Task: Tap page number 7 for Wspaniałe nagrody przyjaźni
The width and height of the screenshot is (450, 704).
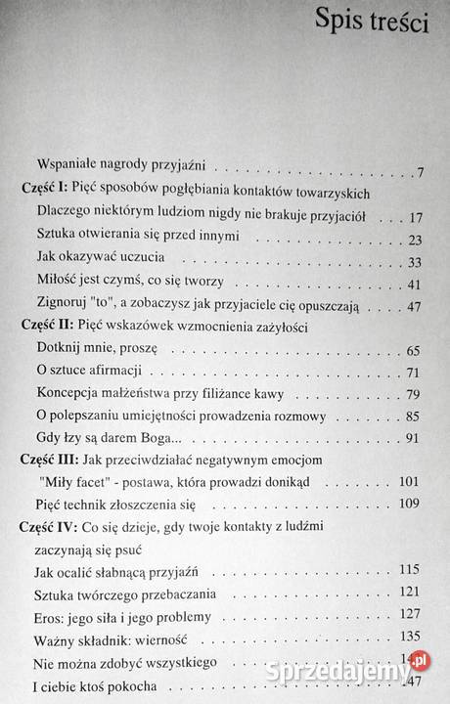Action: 418,173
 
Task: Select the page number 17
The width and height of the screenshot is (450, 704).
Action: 414,216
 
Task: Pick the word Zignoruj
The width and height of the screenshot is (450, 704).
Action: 62,306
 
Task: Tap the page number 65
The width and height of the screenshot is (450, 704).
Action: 414,350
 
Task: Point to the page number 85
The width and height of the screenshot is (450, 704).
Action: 414,418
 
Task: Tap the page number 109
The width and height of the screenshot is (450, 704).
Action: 410,505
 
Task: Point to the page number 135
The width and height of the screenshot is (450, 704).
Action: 410,640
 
